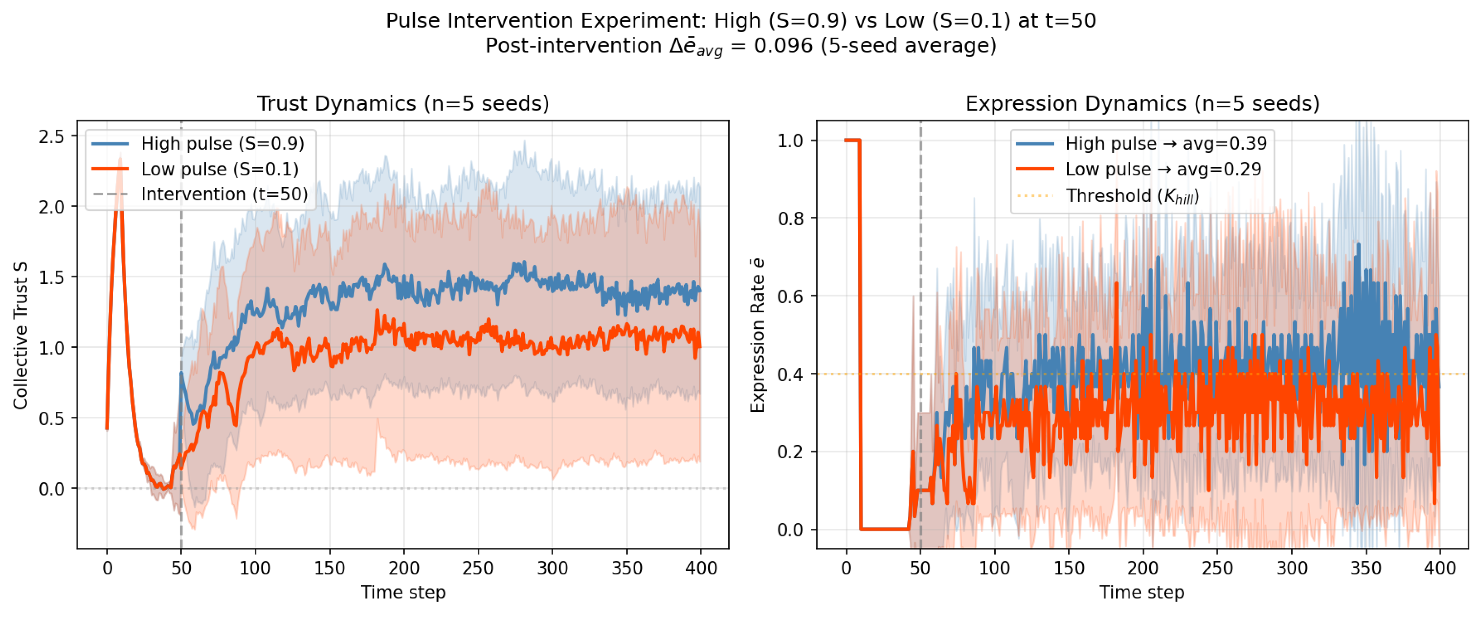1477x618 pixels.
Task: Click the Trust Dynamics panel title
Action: coord(403,104)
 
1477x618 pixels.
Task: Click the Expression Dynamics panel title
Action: coord(1142,104)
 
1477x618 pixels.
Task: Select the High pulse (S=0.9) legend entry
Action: coord(223,143)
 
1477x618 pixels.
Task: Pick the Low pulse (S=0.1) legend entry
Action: coord(220,169)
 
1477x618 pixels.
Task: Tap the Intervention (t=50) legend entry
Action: coord(224,194)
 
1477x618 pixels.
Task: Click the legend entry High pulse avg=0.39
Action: coord(1165,143)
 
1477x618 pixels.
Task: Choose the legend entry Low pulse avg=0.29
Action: coord(1163,169)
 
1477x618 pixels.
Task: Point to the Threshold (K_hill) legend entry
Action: coord(1132,196)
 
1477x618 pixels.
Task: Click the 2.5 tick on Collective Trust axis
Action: coord(51,137)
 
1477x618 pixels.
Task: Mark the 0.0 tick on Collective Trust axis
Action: coord(51,489)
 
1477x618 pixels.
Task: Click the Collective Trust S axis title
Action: coord(21,335)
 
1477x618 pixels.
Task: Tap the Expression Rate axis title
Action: coord(757,335)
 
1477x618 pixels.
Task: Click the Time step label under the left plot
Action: coord(403,592)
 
